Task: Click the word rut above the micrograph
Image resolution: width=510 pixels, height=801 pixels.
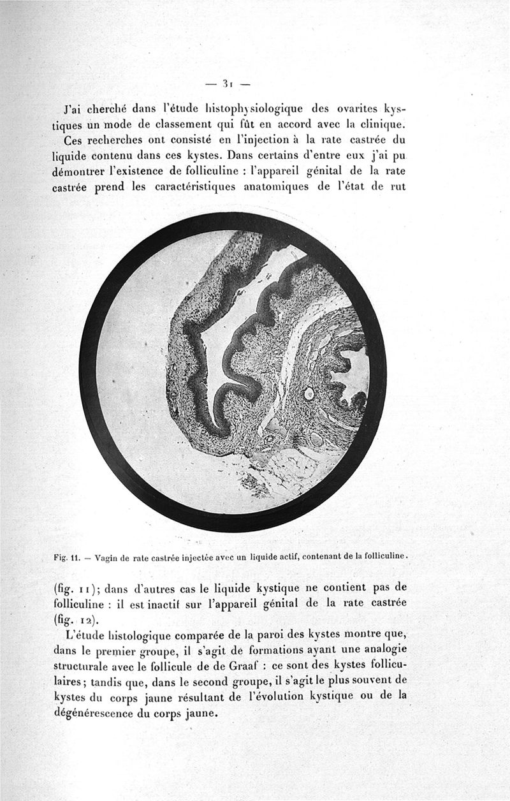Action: pos(398,187)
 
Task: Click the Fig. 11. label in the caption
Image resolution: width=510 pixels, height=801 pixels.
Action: pos(67,556)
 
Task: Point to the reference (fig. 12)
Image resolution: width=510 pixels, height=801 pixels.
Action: pos(71,618)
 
